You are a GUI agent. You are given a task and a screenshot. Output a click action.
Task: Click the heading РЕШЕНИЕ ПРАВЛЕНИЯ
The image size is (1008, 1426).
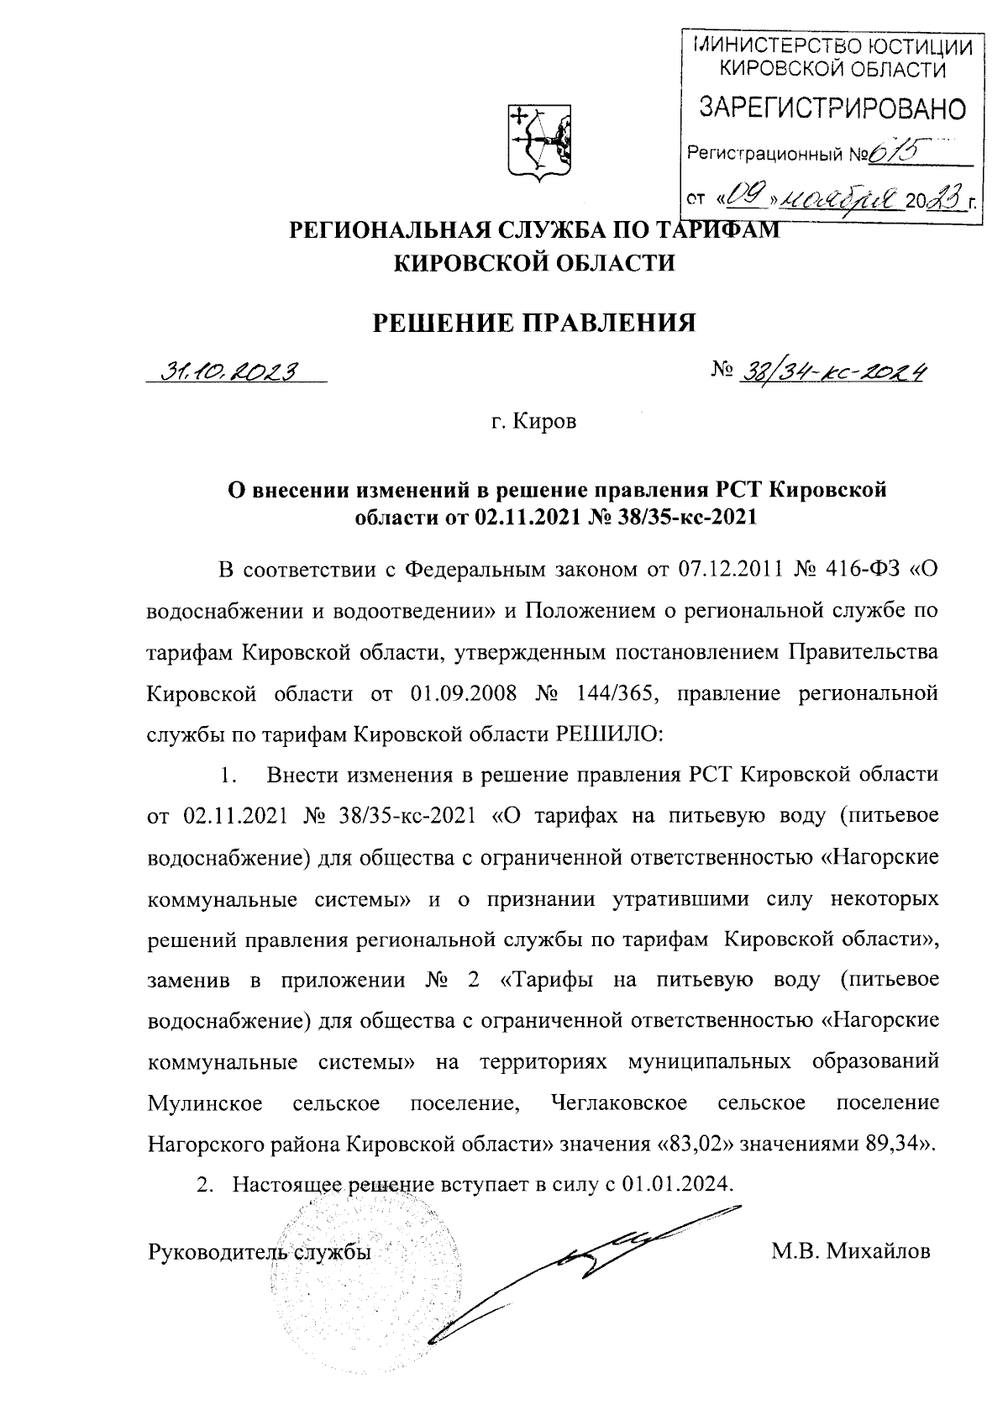point(534,322)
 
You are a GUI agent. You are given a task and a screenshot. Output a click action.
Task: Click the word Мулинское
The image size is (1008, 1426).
point(204,1102)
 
